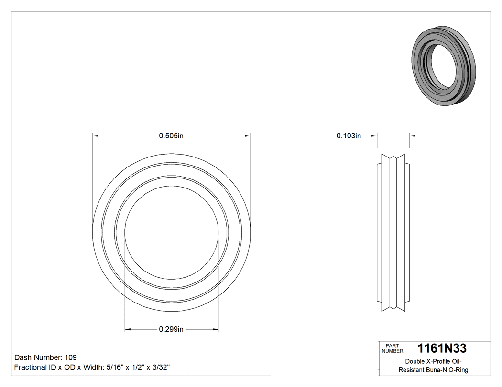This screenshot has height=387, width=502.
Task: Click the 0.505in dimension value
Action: [171, 136]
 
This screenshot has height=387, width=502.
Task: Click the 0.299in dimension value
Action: [171, 329]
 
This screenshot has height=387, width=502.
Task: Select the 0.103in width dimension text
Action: [349, 136]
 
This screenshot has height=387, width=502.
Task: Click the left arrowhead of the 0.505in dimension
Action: [95, 136]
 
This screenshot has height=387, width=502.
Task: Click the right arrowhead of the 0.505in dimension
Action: [248, 136]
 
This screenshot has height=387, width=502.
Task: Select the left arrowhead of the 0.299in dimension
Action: [128, 329]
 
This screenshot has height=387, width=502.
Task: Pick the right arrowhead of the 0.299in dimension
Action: [215, 329]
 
